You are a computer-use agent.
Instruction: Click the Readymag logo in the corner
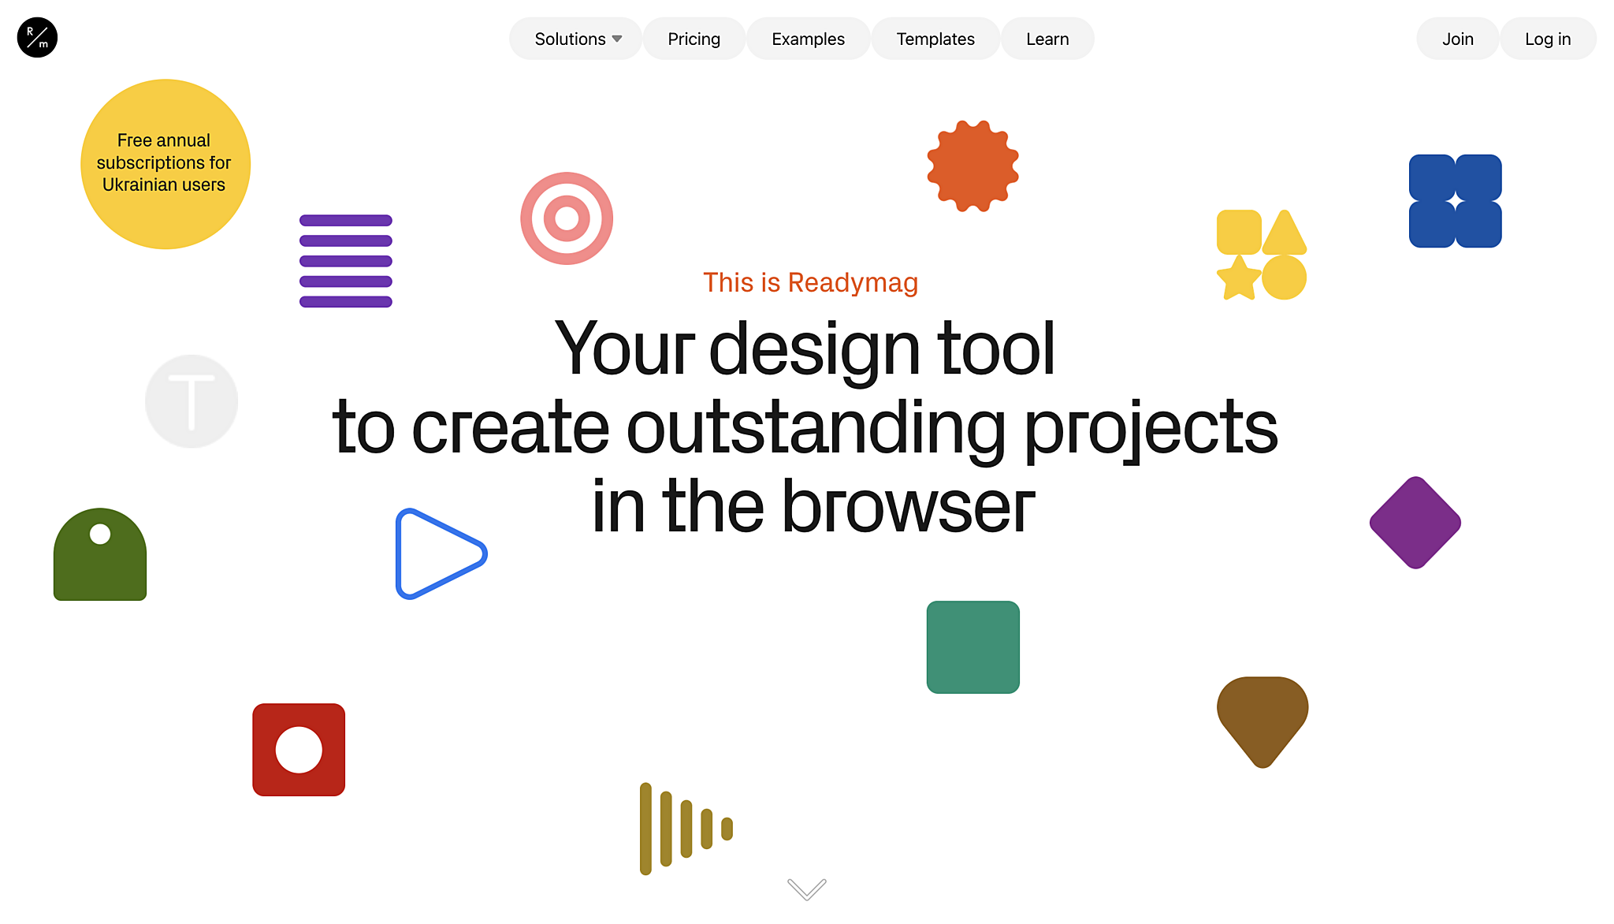click(37, 38)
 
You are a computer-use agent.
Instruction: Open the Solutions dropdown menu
click(577, 39)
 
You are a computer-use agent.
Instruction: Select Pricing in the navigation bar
click(694, 39)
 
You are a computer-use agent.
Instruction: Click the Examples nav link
click(808, 39)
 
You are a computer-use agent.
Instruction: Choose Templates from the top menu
click(935, 39)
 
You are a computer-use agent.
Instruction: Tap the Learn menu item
click(1047, 39)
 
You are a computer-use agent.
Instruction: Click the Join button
click(1457, 39)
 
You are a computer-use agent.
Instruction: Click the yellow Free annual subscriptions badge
click(165, 164)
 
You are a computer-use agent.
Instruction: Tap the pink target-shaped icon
click(567, 218)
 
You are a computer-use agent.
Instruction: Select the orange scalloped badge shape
click(972, 166)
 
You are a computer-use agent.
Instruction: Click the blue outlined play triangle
click(438, 553)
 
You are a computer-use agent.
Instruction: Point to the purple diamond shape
click(1415, 522)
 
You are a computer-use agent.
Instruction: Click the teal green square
click(972, 647)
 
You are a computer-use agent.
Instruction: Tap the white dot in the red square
click(299, 750)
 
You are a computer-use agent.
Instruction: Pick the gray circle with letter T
click(192, 401)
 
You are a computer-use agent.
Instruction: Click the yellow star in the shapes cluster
click(1238, 278)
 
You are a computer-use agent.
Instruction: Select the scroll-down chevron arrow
click(806, 889)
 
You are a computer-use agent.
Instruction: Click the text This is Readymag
click(810, 282)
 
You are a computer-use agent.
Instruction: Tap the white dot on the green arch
click(100, 534)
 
